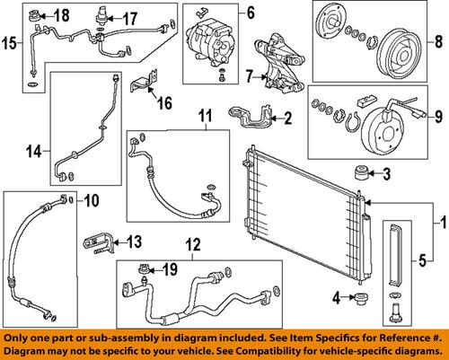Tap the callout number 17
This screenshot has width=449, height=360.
pos(129,18)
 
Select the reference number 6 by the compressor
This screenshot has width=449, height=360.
pos(251,13)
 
